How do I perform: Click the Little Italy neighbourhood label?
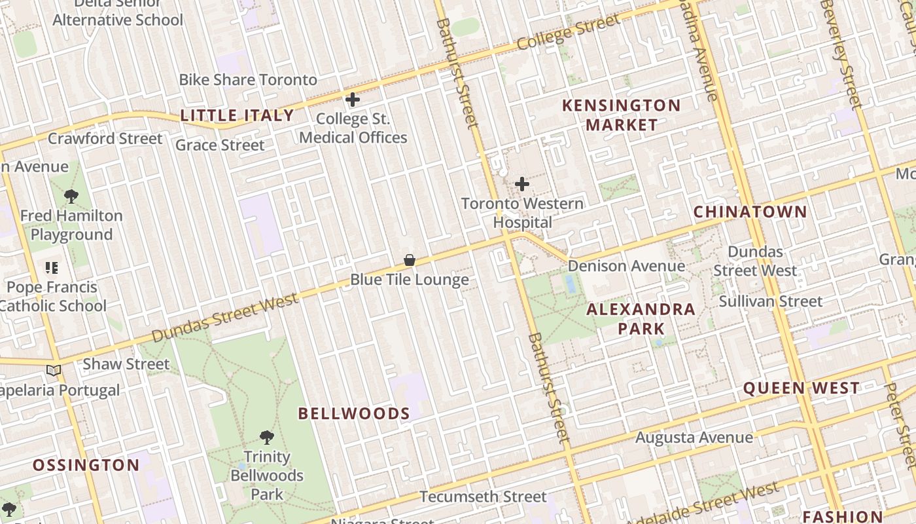pyautogui.click(x=237, y=116)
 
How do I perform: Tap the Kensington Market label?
pyautogui.click(x=621, y=115)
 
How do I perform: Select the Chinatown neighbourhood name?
pyautogui.click(x=750, y=212)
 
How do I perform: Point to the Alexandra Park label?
pyautogui.click(x=641, y=318)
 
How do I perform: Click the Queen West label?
pyautogui.click(x=801, y=388)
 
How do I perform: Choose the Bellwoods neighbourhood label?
pyautogui.click(x=354, y=414)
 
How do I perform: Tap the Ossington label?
pyautogui.click(x=86, y=466)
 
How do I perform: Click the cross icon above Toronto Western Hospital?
pyautogui.click(x=522, y=184)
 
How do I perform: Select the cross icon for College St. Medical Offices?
pyautogui.click(x=353, y=100)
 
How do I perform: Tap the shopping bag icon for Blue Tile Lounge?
pyautogui.click(x=410, y=260)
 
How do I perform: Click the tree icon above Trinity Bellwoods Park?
pyautogui.click(x=266, y=437)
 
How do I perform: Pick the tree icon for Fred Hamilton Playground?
pyautogui.click(x=71, y=196)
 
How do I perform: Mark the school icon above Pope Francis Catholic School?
pyautogui.click(x=52, y=267)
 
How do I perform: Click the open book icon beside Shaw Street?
pyautogui.click(x=54, y=371)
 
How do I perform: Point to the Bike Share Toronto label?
pyautogui.click(x=248, y=80)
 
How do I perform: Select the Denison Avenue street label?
pyautogui.click(x=626, y=266)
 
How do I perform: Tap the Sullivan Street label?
pyautogui.click(x=770, y=301)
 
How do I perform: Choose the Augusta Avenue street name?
pyautogui.click(x=694, y=437)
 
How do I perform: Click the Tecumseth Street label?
pyautogui.click(x=482, y=497)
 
